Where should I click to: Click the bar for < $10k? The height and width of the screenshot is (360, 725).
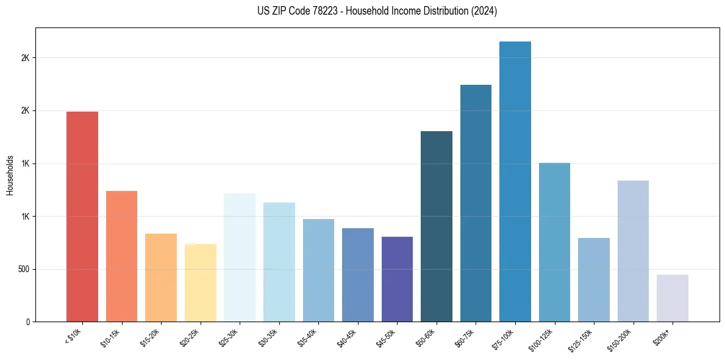coord(82,217)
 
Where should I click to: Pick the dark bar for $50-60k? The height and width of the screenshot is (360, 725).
coord(437,226)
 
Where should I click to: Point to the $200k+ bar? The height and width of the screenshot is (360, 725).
coord(673,298)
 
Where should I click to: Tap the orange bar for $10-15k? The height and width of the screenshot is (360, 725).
coord(121,256)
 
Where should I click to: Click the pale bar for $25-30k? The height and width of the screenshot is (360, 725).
coord(240,257)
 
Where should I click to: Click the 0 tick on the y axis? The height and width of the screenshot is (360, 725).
coord(28,322)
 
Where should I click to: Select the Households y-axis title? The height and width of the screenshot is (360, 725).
coord(10,175)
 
